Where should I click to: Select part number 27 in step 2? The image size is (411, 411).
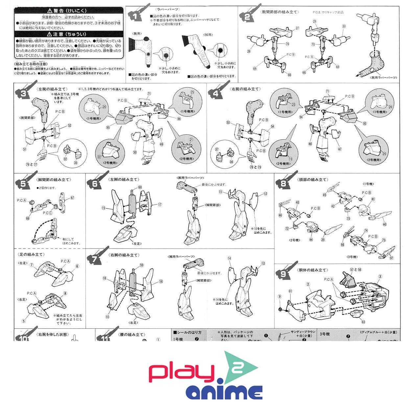pyautogui.click(x=297, y=28)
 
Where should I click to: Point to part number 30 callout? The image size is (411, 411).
pyautogui.click(x=344, y=26)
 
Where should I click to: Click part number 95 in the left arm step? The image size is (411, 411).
pyautogui.click(x=108, y=127)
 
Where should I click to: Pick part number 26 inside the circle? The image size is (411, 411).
pyautogui.click(x=104, y=107)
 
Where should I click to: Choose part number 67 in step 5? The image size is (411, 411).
pyautogui.click(x=72, y=198)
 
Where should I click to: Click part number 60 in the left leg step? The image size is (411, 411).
pyautogui.click(x=140, y=187)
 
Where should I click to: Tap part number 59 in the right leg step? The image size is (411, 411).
pyautogui.click(x=142, y=265)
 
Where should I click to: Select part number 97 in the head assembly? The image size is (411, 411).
pyautogui.click(x=391, y=258)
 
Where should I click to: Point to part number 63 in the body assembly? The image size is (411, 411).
pyautogui.click(x=363, y=322)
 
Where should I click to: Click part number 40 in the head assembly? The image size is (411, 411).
pyautogui.click(x=385, y=225)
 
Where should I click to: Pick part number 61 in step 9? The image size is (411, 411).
pyautogui.click(x=290, y=291)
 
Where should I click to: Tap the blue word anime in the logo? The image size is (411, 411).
pyautogui.click(x=224, y=392)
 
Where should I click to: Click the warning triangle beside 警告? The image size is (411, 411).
pyautogui.click(x=50, y=11)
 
